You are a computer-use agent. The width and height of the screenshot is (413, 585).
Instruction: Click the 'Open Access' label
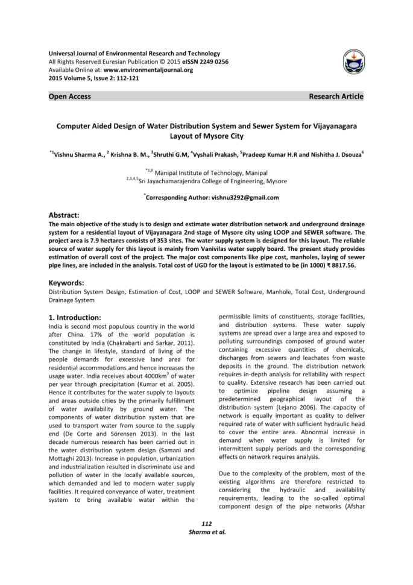click(x=71, y=96)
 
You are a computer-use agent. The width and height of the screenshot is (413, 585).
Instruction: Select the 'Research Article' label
click(x=336, y=96)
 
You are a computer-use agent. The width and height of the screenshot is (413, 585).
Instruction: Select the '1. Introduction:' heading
click(x=83, y=317)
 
